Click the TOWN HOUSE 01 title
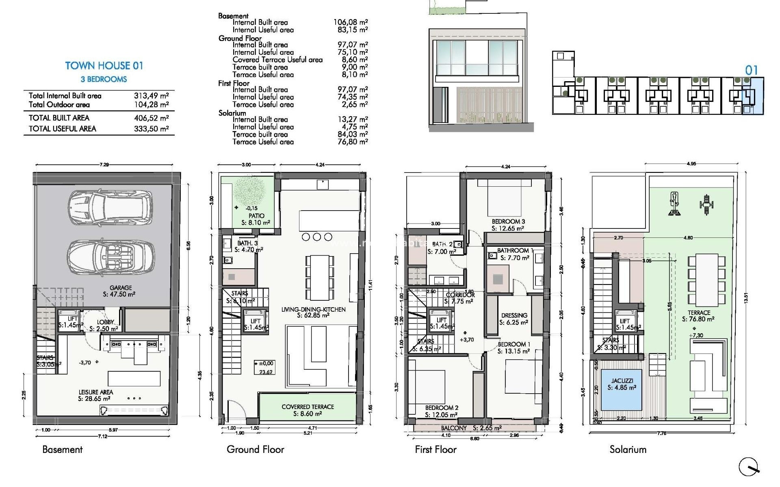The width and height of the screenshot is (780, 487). point(104,66)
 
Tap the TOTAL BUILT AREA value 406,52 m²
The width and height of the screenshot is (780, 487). point(151,118)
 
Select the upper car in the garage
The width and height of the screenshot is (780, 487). point(110,208)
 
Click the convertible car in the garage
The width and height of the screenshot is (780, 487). point(110,257)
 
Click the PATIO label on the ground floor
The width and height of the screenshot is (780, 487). point(256,216)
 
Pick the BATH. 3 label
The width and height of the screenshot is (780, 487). point(247,243)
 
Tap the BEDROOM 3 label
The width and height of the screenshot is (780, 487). point(508,222)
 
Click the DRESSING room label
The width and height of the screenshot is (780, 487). point(514,315)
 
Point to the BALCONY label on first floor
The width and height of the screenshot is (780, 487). point(454,428)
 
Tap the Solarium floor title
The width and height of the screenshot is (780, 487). point(628,449)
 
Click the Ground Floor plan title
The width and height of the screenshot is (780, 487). point(255,449)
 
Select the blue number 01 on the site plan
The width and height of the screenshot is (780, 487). point(751,70)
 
